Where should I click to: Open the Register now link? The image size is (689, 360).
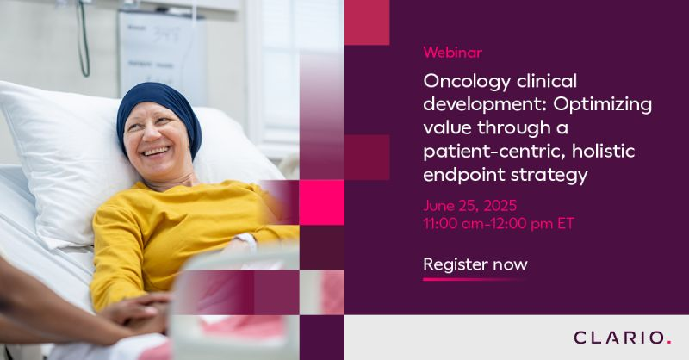tap(475, 264)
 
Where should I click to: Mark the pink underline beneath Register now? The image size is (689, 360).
tap(475, 279)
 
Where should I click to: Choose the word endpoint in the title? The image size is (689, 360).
tap(462, 176)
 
